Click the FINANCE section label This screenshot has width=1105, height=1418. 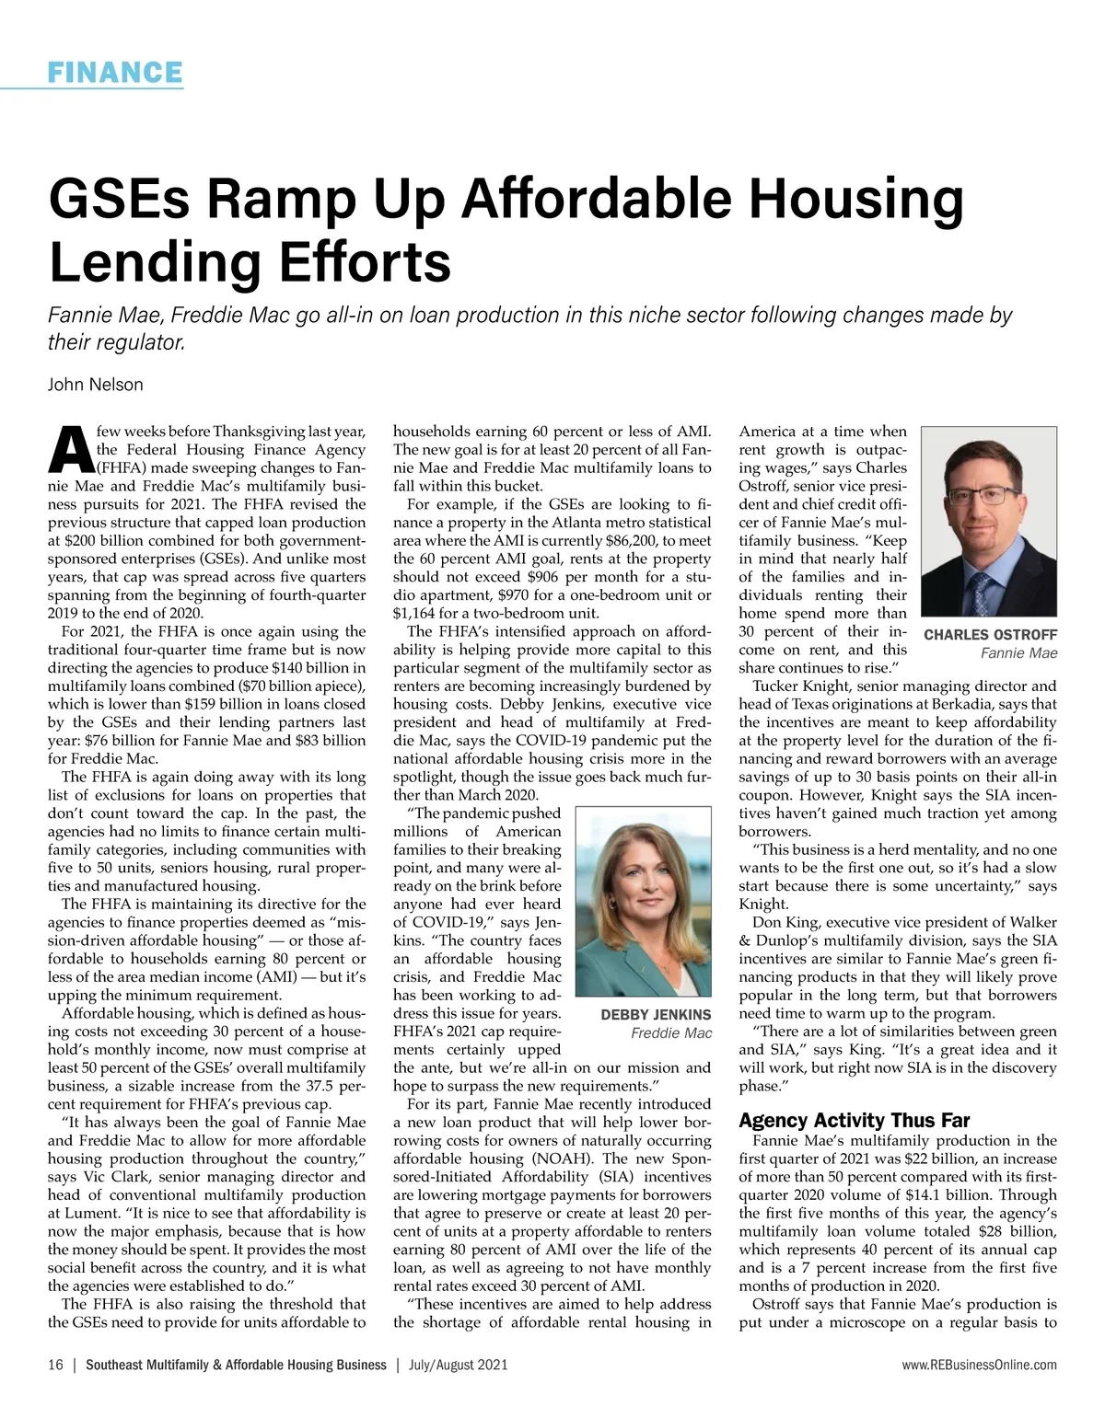pos(115,72)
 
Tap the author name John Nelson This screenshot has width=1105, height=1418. pos(96,385)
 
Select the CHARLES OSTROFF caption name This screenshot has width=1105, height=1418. pos(990,635)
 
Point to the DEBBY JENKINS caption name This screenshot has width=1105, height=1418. pos(656,1015)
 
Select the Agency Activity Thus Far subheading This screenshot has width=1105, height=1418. pos(854,1121)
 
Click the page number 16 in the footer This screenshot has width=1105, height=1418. pos(55,1366)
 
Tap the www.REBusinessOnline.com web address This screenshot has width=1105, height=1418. pos(980,1366)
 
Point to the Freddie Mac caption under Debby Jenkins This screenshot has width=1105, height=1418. pos(671,1033)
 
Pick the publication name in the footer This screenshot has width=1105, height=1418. pos(236,1366)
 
